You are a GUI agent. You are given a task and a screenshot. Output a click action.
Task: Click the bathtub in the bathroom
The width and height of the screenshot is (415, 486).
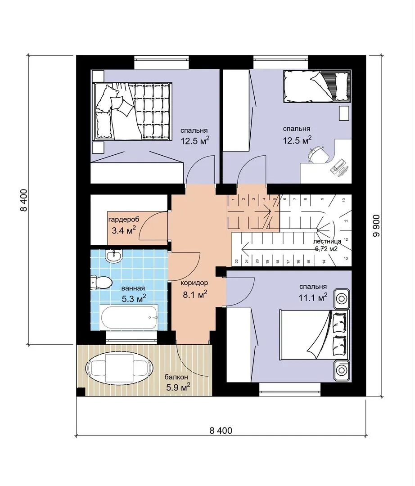[130, 317]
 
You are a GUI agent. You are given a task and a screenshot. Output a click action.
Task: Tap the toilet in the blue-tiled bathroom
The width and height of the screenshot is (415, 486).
[101, 282]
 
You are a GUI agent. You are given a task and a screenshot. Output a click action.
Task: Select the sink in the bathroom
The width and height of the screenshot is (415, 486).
[114, 256]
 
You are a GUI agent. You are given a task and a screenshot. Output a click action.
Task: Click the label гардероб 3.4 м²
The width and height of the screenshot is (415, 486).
[124, 225]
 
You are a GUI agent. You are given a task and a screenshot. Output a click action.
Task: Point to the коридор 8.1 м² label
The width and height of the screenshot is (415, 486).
[194, 289]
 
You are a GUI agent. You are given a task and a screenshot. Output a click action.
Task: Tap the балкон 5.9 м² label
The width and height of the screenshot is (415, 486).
[177, 382]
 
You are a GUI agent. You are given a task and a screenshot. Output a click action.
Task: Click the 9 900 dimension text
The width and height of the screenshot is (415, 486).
[376, 225]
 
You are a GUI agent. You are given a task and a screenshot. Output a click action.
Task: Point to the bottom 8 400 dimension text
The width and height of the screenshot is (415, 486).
[221, 431]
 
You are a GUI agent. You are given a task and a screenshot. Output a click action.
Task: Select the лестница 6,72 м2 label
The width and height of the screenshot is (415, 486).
[327, 245]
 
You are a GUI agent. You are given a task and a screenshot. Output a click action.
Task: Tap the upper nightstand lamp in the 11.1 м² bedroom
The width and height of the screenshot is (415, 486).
[342, 299]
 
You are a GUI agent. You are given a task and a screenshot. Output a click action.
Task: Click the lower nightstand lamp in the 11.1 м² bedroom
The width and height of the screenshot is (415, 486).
[342, 370]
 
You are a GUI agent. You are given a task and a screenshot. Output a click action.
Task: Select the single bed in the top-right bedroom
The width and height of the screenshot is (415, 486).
[317, 86]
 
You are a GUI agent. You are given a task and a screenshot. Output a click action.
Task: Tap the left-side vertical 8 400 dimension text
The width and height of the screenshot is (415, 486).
[24, 200]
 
